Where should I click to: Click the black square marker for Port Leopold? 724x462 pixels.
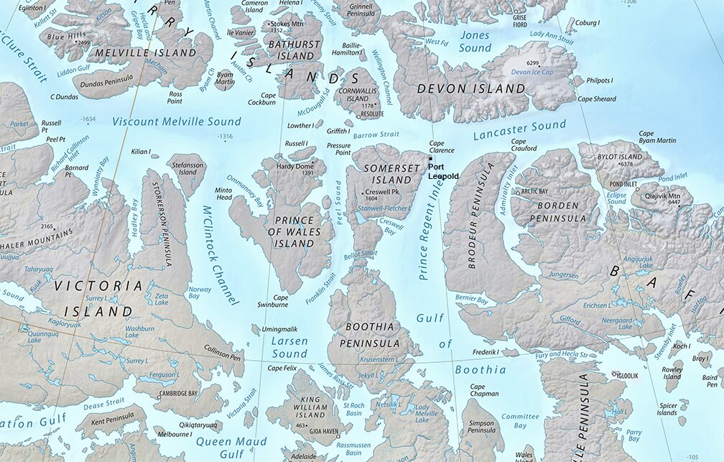point(430,159)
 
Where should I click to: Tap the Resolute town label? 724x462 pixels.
point(371,114)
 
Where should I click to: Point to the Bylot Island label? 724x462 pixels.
point(621,157)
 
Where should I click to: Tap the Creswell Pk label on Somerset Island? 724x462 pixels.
point(382,192)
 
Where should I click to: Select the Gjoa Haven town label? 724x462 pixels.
point(324,431)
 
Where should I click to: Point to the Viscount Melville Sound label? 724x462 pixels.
point(176,121)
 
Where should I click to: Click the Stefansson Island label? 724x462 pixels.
point(185,168)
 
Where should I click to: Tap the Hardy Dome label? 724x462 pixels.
point(295,167)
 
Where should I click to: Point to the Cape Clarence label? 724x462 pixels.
point(442,147)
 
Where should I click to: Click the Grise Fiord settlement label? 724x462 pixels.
point(519,20)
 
